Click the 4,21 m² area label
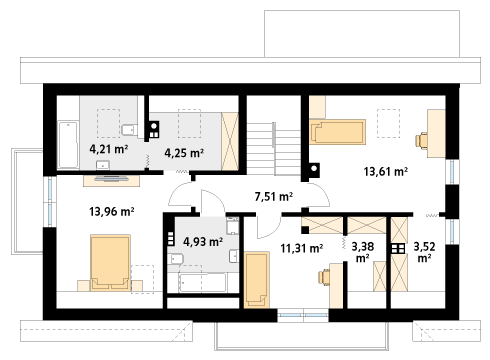pos(109,149)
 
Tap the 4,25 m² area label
pos(184,153)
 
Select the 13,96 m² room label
pos(112,211)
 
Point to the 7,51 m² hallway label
pos(274,197)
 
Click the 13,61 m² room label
pos(385,172)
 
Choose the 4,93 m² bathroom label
pos(203,241)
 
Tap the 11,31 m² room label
pos(301,248)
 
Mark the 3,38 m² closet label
pos(363,252)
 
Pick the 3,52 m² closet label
pos(424,252)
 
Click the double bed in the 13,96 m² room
pos(110,263)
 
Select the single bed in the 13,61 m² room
pos(337,132)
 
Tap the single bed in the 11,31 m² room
pos(257,280)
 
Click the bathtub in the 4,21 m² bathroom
pos(68,145)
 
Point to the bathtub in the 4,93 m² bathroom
pos(203,283)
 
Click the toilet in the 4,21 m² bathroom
pos(130,130)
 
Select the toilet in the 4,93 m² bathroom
pos(176,259)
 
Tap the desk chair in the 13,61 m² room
pos(422,141)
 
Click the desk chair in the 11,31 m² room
pos(324,277)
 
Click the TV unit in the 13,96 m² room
pos(111,180)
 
